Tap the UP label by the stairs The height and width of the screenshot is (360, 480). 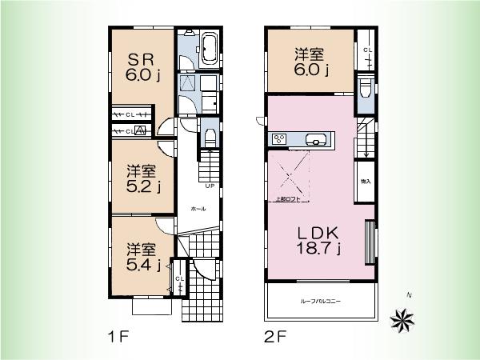pyautogui.click(x=209, y=187)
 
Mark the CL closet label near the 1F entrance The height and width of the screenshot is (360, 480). pyautogui.click(x=179, y=278)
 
